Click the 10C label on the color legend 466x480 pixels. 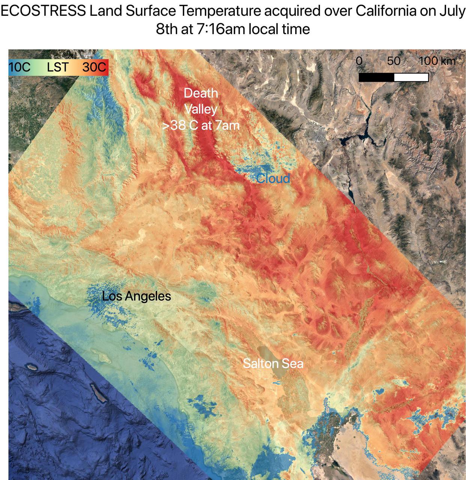point(19,67)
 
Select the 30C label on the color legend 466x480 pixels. point(94,67)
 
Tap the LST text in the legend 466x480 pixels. point(58,67)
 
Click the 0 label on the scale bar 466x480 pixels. point(359,61)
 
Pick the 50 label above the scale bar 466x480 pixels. point(394,61)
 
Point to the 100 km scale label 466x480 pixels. point(437,61)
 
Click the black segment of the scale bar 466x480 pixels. point(376,77)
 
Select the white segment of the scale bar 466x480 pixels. point(411,77)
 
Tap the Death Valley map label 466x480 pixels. point(201,101)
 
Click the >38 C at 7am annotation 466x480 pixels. point(201,125)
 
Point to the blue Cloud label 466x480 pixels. point(273,178)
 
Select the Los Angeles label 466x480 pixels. point(136,296)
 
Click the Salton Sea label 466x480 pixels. point(273,363)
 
